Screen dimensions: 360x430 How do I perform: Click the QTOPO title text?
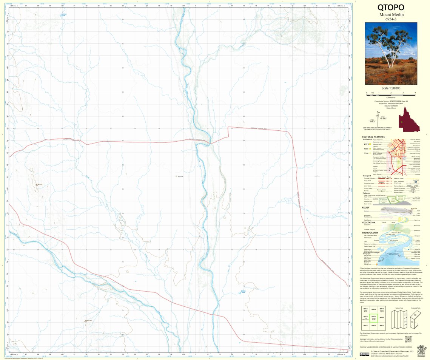[391, 8]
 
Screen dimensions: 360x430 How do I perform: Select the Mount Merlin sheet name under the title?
[391, 15]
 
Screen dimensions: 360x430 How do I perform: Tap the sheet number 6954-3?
[391, 19]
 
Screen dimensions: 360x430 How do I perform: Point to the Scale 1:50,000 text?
[391, 88]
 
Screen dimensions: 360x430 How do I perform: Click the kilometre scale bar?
[391, 93]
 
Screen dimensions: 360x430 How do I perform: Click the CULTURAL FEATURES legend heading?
[373, 137]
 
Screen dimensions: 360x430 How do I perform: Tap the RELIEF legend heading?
[365, 207]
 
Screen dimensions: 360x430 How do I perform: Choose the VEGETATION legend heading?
[368, 222]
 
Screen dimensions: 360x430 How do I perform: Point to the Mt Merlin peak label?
[39, 184]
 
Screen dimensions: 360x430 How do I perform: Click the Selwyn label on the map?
[180, 176]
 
